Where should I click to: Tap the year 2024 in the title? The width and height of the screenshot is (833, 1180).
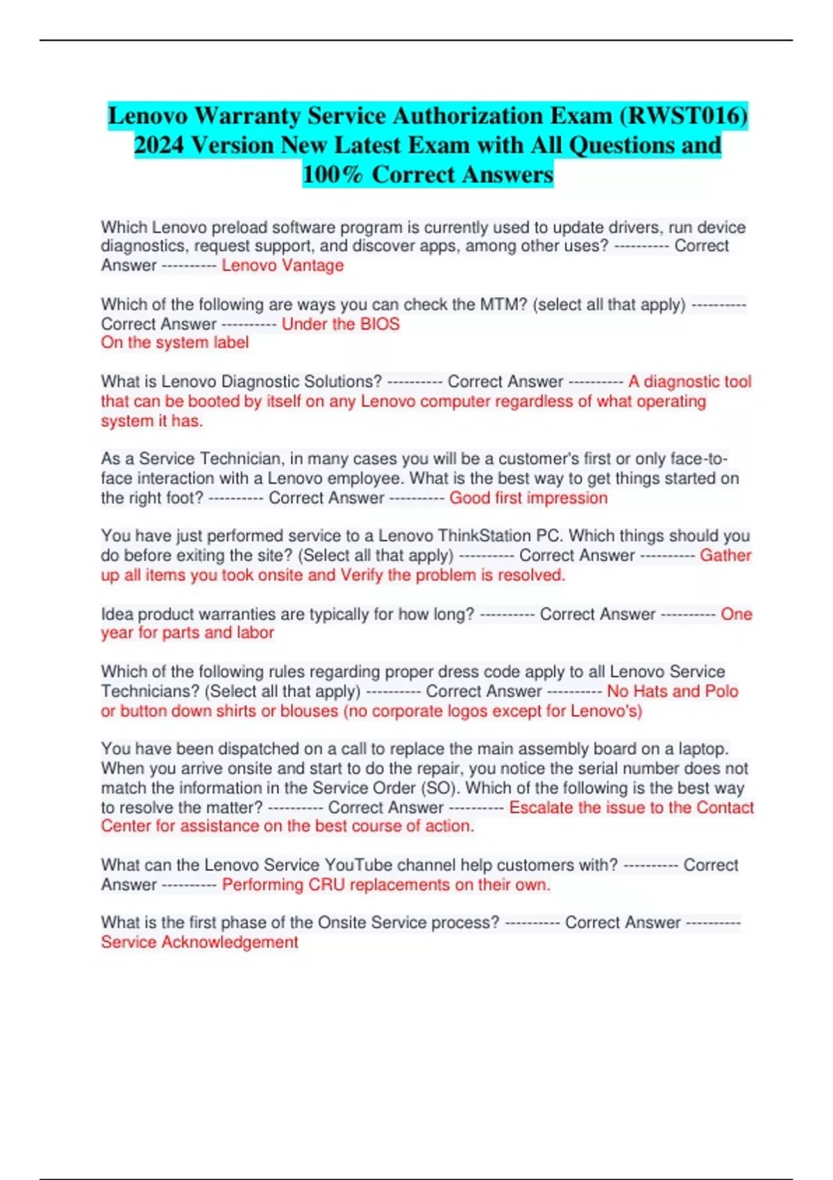tap(159, 145)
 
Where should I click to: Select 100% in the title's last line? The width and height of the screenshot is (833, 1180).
tap(333, 174)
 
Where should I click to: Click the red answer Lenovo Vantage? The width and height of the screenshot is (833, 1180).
tap(283, 265)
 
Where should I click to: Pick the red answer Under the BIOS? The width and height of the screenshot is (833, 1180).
tap(340, 324)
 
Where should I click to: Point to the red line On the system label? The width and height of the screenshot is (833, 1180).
tap(174, 343)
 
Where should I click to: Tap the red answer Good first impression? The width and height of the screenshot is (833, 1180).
tap(528, 498)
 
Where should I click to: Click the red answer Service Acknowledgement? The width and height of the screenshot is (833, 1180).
tap(199, 942)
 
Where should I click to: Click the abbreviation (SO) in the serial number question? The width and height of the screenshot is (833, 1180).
tap(439, 788)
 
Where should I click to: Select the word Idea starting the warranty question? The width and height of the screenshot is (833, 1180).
tap(117, 614)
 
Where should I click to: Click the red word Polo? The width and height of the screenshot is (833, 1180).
tap(721, 691)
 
